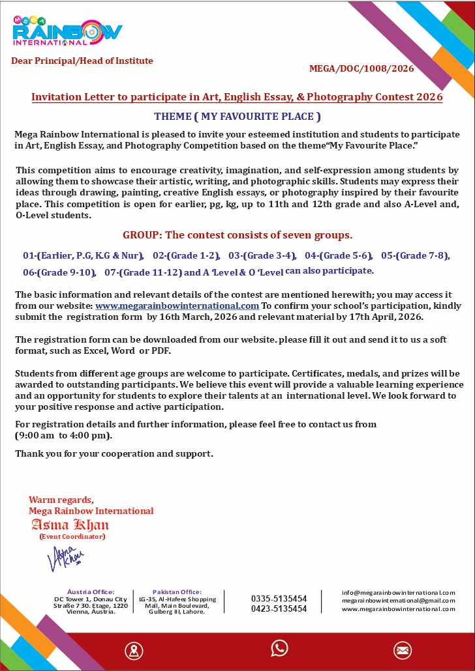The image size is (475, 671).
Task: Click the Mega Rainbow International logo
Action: (67, 31)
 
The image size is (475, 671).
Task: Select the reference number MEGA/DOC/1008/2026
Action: (361, 68)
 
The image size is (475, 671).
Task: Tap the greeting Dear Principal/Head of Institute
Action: (82, 61)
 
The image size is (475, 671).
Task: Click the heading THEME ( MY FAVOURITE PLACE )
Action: (237, 117)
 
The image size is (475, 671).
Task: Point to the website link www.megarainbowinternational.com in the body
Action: (177, 305)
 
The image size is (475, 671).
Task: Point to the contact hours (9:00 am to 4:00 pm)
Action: (63, 435)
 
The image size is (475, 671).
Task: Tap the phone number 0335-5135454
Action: (279, 598)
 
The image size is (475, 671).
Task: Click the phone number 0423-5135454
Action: (279, 608)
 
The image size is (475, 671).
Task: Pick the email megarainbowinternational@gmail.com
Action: (398, 600)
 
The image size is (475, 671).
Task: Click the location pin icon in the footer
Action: (134, 650)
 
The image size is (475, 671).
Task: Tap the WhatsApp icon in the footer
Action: (279, 648)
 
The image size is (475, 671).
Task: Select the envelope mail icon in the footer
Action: (402, 650)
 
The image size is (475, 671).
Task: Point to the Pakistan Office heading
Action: (177, 592)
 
